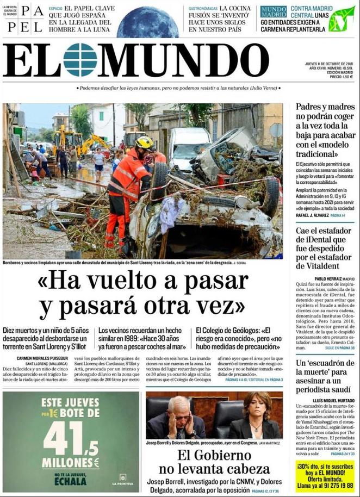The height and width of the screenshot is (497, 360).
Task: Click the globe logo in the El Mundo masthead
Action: coord(80,60)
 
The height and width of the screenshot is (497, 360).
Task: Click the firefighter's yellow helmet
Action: coord(145,142)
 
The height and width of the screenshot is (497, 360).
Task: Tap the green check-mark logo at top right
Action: coord(342,19)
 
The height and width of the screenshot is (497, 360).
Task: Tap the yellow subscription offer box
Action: coord(325,475)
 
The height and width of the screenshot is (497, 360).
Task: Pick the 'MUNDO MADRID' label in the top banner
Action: coord(273,12)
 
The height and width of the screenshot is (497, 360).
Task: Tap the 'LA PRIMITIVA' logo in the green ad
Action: coord(123,479)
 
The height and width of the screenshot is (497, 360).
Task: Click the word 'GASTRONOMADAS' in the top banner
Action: coord(203,9)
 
